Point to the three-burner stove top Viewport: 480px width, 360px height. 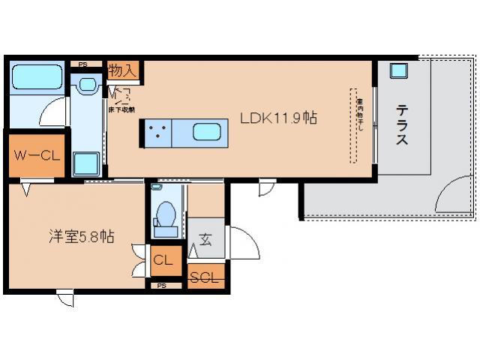(x=157, y=133)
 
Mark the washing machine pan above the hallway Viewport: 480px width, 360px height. (x=85, y=162)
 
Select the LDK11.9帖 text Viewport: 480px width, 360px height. (x=277, y=118)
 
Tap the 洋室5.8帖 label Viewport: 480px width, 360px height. (x=76, y=237)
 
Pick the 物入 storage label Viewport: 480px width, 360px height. (x=121, y=70)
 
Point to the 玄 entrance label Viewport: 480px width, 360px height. (x=205, y=240)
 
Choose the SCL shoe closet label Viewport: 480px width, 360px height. (x=204, y=277)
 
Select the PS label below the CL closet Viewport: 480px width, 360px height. (x=162, y=286)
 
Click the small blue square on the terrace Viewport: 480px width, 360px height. (x=398, y=70)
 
